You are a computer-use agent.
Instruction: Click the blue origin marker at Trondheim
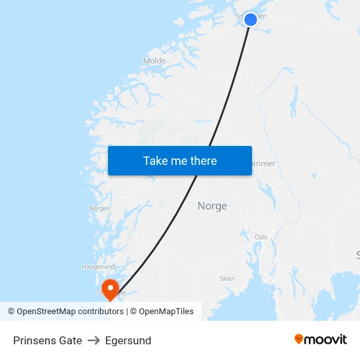click(x=251, y=20)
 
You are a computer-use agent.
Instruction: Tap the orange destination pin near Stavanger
click(x=110, y=289)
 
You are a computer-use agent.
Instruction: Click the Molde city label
click(x=154, y=61)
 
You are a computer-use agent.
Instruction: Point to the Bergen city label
click(x=99, y=208)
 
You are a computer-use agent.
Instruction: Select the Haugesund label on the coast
click(x=98, y=267)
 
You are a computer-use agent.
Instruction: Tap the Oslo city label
click(x=261, y=237)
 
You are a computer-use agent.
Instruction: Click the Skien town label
click(x=227, y=278)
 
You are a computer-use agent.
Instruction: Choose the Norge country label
click(x=212, y=206)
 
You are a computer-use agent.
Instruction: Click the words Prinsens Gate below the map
click(x=48, y=340)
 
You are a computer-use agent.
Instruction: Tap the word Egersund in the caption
click(x=128, y=340)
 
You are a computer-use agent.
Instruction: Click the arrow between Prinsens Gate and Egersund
click(x=94, y=340)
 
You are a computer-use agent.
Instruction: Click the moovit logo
click(x=320, y=340)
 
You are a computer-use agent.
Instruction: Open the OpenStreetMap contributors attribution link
click(x=69, y=312)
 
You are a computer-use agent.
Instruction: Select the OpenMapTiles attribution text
click(x=166, y=312)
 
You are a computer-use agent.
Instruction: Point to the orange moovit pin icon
click(x=299, y=339)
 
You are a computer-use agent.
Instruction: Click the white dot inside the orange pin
click(x=110, y=286)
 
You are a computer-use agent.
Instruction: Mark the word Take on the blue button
click(x=155, y=161)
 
